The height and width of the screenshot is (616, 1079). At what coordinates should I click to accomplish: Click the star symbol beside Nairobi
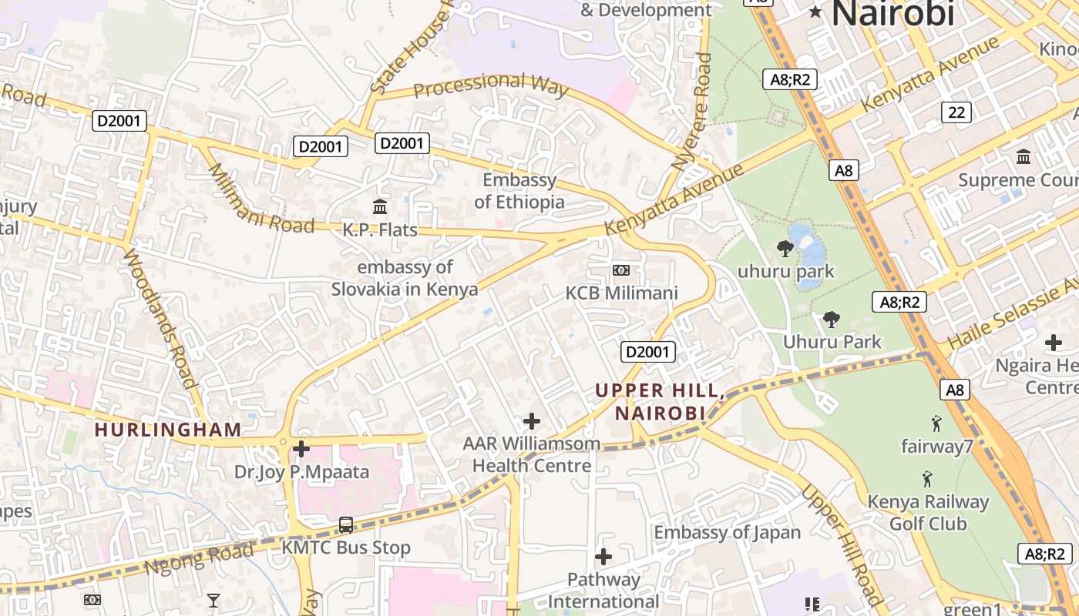tap(815, 12)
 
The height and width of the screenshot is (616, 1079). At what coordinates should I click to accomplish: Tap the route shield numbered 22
tap(956, 112)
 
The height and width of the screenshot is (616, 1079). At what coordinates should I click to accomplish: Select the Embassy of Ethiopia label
tap(519, 191)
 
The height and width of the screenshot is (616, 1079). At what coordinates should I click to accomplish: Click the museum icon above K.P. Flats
tap(380, 206)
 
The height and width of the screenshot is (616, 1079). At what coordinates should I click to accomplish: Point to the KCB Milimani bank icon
tap(620, 270)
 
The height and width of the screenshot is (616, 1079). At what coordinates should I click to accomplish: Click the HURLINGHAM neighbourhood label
tap(168, 430)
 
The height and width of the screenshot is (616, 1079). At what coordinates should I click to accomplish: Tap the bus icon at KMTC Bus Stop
tap(346, 525)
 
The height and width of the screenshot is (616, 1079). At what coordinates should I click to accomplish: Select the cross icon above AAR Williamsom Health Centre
tap(531, 421)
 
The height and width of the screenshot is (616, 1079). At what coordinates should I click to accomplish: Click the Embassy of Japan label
tap(728, 532)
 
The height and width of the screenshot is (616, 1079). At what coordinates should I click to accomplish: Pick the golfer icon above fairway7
tap(936, 423)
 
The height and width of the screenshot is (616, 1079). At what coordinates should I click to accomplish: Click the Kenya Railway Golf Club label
tap(928, 513)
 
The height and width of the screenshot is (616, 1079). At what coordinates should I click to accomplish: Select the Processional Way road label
tap(491, 85)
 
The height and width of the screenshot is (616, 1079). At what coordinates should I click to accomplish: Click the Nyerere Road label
tap(691, 112)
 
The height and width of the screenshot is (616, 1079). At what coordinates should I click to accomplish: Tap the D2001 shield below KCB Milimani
tap(648, 352)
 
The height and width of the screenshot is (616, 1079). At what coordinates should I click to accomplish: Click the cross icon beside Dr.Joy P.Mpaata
tap(301, 448)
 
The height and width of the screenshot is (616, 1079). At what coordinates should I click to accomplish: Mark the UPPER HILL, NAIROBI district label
tap(660, 402)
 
